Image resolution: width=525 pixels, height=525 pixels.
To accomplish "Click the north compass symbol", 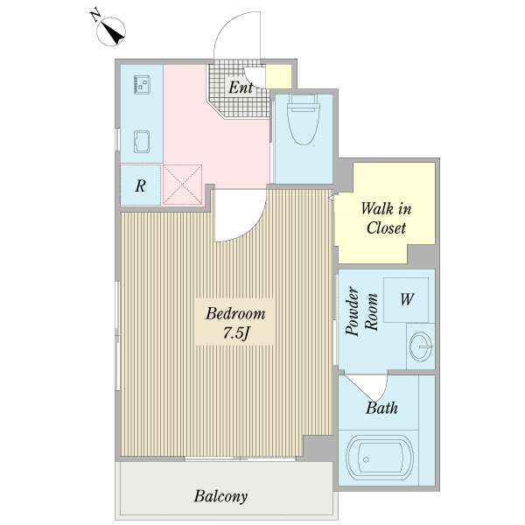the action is (x=111, y=31).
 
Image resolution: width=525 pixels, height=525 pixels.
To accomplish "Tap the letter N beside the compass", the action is (x=95, y=15).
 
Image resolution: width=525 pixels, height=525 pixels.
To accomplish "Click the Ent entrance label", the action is (x=241, y=87).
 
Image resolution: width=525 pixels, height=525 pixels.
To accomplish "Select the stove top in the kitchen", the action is (x=142, y=84).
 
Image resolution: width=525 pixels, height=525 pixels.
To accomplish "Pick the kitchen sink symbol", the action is (x=142, y=142).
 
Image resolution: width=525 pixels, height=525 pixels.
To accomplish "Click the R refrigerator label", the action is (x=140, y=185).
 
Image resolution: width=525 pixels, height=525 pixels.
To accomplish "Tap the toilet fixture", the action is (x=304, y=120).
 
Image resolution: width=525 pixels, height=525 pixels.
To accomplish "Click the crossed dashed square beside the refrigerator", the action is (x=182, y=185).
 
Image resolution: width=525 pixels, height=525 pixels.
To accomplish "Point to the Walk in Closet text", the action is (x=386, y=218).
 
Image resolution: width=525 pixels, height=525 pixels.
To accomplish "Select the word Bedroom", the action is (x=235, y=314).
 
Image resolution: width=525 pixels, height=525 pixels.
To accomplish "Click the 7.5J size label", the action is (x=236, y=332).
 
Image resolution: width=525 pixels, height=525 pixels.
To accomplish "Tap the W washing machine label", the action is (x=407, y=299).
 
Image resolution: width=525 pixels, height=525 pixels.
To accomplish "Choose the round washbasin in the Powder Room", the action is (x=421, y=346).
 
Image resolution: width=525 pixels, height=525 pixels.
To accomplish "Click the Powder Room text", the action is (x=361, y=311).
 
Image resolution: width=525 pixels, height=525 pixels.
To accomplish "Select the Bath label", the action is (x=381, y=408).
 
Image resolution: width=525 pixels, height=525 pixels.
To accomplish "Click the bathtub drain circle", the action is (x=366, y=459).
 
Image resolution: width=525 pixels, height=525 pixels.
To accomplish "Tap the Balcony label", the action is (x=220, y=496).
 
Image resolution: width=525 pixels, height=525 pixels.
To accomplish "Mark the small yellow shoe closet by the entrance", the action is (x=279, y=77).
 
